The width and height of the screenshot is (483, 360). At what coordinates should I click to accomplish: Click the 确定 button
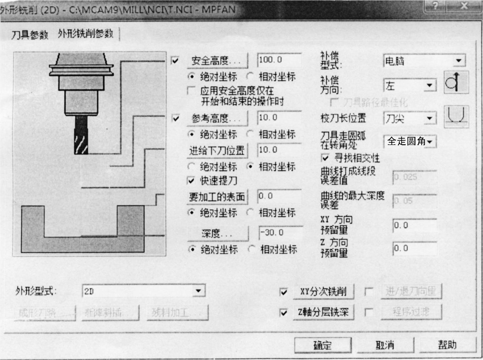coord(323,345)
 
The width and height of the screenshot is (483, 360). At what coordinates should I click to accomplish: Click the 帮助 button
coord(447,345)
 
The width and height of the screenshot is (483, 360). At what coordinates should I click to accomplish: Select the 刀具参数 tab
coord(30,34)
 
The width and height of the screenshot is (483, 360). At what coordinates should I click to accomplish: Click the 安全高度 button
coord(217,60)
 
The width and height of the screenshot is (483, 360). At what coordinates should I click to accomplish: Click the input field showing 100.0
coord(279,60)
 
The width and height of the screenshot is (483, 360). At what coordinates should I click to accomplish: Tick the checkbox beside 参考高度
coord(176,118)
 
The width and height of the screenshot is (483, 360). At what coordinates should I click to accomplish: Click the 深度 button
coord(218,233)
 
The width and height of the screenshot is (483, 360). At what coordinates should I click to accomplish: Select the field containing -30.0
coord(281,233)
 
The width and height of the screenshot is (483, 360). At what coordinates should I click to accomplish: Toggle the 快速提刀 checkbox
coord(191,181)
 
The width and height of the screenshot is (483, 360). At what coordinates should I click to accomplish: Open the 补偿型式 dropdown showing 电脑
coord(458,61)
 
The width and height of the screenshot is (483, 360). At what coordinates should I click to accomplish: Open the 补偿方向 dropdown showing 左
coord(429,86)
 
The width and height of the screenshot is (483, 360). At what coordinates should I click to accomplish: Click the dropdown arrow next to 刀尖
coord(429,118)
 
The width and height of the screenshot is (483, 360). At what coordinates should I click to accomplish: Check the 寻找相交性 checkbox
coord(325,158)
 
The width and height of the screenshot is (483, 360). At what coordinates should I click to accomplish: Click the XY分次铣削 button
coord(323,291)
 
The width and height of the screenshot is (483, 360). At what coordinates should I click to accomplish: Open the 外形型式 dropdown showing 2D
coord(198,291)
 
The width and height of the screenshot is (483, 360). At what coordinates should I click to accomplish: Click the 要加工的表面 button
coord(217,197)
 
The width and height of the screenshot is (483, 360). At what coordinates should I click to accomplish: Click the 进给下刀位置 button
coord(217,150)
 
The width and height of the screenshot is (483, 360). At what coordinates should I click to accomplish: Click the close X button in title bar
coord(464,6)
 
